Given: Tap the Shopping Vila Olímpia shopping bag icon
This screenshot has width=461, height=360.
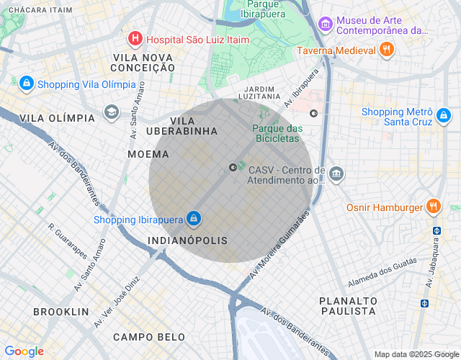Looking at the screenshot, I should coord(27,84).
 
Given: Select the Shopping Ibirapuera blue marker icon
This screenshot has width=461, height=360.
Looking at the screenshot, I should coord(193,218).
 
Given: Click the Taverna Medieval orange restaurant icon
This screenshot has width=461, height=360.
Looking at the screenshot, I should coord(387,50).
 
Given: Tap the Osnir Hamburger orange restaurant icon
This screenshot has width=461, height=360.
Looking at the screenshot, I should coord(433,207).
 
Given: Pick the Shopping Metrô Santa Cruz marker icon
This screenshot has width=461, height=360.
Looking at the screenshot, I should coord(443,115).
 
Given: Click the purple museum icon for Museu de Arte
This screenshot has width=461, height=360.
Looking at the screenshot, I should coord(326,25).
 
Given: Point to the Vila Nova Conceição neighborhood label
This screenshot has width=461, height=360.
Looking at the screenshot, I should coord(143,62).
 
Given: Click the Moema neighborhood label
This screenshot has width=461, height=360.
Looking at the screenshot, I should coord(148,154).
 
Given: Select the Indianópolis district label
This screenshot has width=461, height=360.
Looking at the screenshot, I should coord(187,240).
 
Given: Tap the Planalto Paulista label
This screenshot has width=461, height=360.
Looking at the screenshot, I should coord(349,305).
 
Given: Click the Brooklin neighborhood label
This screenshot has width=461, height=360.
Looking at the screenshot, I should coord(61,312).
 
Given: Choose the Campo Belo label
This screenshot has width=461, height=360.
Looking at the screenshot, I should coord(148,337).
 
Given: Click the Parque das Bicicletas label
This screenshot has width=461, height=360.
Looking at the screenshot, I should coord(277,133).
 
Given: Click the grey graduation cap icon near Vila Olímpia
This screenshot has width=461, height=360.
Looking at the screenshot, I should coord(111,112).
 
